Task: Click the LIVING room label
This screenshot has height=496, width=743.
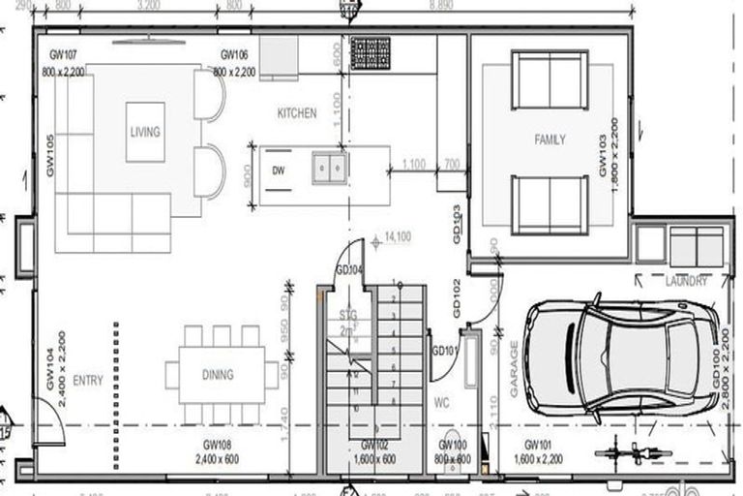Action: pyautogui.click(x=145, y=132)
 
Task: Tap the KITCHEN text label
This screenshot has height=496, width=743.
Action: pyautogui.click(x=297, y=113)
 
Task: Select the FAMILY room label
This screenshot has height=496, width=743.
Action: pyautogui.click(x=550, y=139)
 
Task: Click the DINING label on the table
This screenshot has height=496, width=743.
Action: pyautogui.click(x=218, y=375)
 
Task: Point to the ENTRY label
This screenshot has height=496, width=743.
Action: pyautogui.click(x=87, y=381)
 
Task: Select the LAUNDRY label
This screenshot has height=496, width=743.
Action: pyautogui.click(x=686, y=281)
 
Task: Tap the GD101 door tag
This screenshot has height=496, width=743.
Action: pyautogui.click(x=444, y=351)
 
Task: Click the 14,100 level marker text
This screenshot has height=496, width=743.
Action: pyautogui.click(x=398, y=236)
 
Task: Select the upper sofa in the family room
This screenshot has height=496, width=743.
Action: pyautogui.click(x=549, y=77)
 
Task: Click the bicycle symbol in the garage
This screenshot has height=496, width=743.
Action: pyautogui.click(x=630, y=451)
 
